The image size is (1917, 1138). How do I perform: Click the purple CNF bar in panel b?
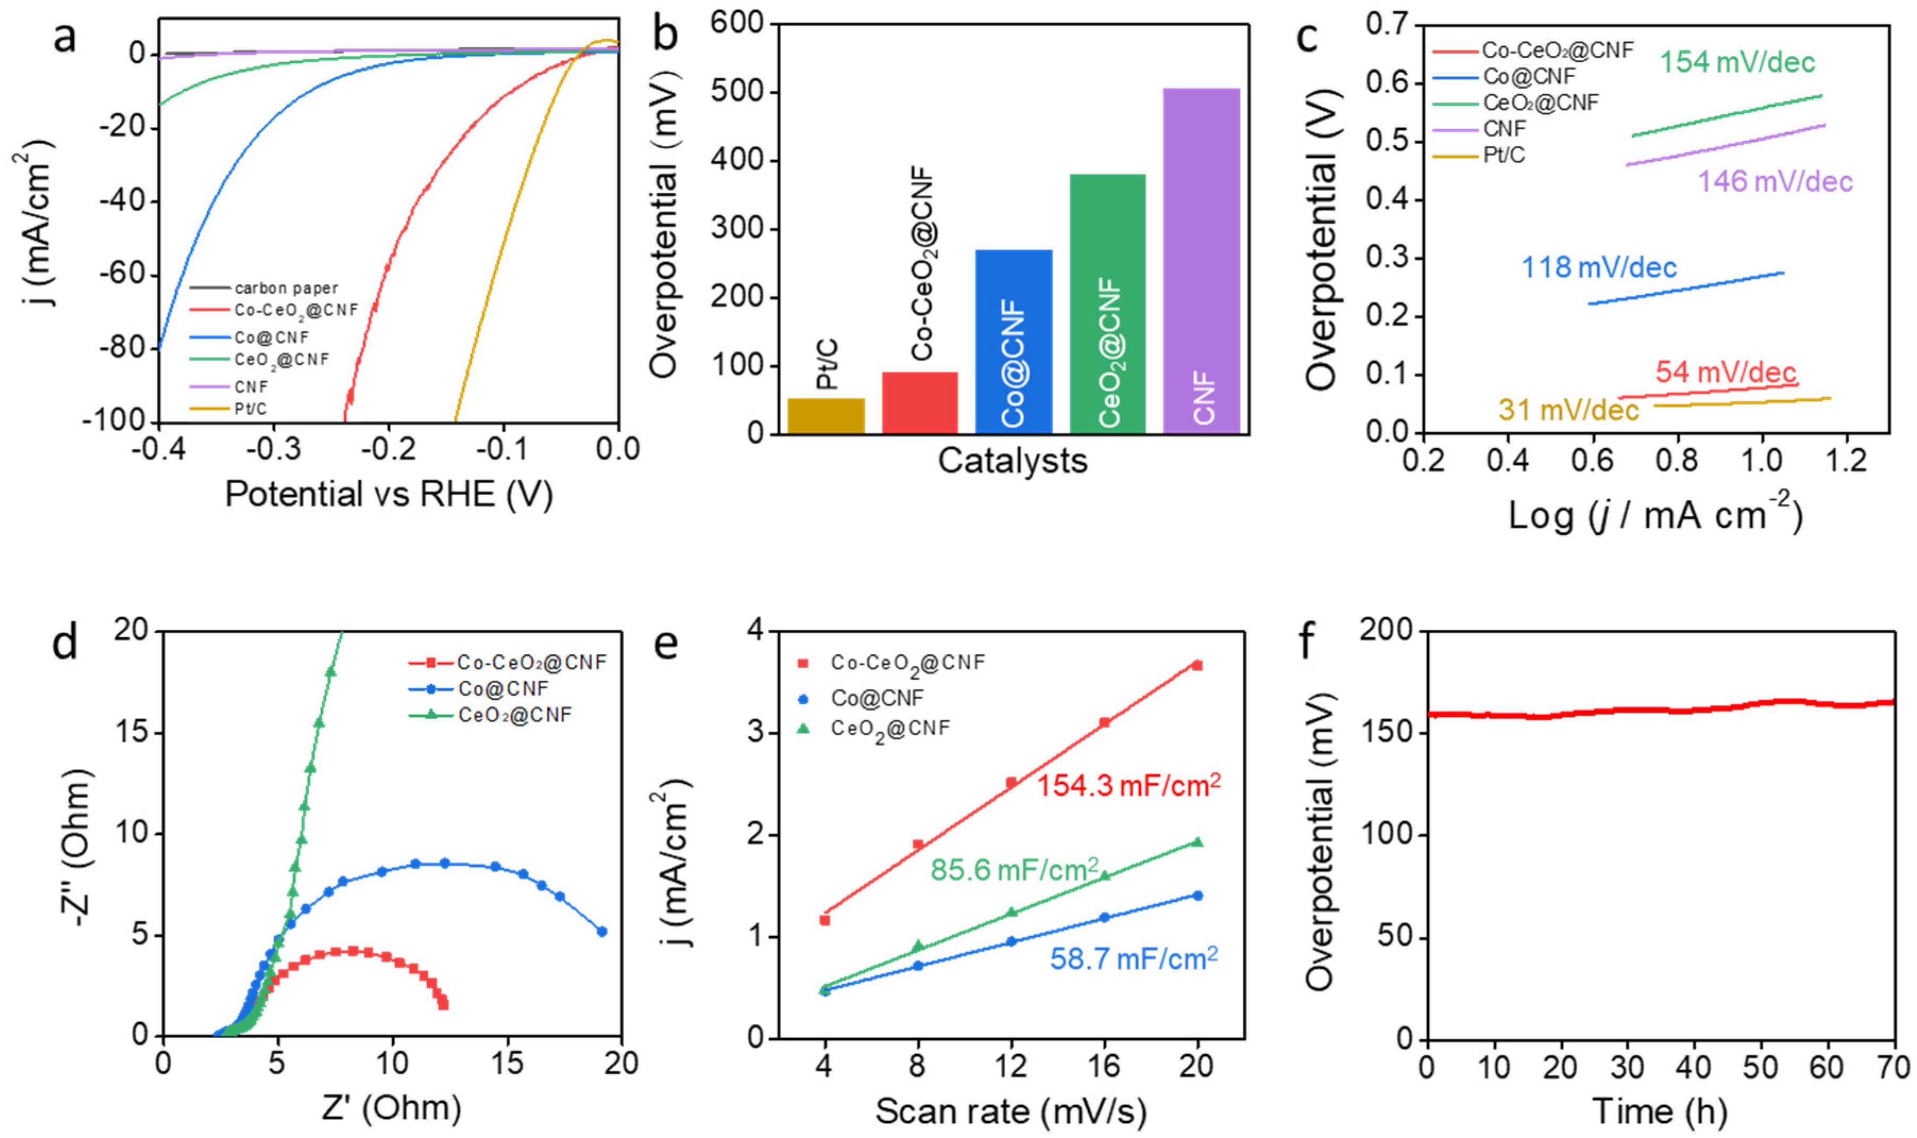(1201, 261)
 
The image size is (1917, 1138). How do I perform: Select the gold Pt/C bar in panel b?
(826, 416)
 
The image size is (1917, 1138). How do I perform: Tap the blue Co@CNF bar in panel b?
(1013, 341)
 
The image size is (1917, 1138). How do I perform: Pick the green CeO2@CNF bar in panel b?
(1107, 304)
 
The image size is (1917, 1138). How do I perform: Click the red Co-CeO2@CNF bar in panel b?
(919, 403)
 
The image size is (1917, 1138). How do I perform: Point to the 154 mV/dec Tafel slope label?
(1737, 62)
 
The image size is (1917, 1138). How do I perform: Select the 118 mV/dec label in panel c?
(1599, 267)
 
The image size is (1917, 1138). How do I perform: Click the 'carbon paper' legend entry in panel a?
(285, 288)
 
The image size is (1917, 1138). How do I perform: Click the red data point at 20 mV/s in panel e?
(1197, 665)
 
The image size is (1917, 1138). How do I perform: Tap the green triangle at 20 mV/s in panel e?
(1197, 842)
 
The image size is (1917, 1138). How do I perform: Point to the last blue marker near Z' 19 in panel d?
(601, 932)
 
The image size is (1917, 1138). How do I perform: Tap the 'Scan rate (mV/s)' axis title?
(1010, 1111)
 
